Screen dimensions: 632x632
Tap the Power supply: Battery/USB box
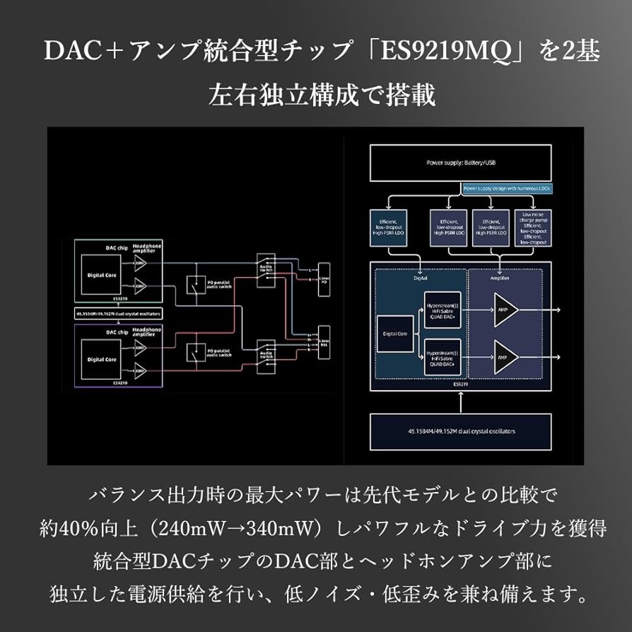tap(460, 163)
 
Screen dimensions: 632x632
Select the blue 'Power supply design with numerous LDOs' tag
tap(506, 189)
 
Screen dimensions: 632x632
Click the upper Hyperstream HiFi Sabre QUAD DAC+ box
tap(442, 309)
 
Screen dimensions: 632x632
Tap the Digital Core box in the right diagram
tap(395, 333)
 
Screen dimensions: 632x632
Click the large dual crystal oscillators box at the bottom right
tap(460, 431)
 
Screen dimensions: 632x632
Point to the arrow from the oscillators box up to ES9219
tap(460, 402)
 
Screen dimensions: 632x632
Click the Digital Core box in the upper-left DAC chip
tap(101, 274)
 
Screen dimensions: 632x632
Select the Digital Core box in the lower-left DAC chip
tap(101, 359)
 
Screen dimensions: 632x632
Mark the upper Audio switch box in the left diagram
tap(266, 264)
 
